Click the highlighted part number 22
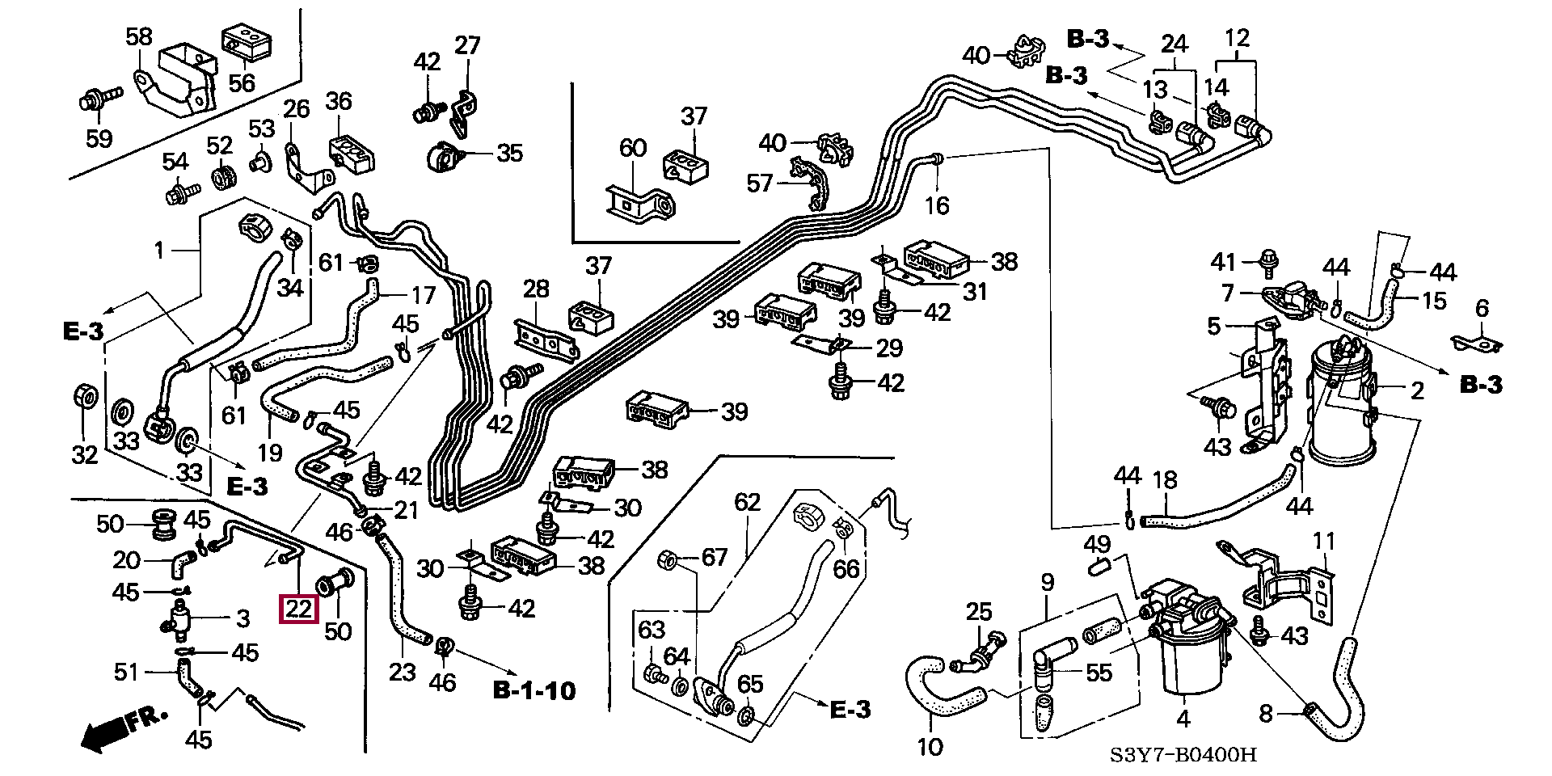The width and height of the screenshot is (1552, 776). (x=298, y=608)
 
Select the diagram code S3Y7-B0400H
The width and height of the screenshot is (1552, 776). (x=1183, y=755)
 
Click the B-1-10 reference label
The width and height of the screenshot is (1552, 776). (x=534, y=690)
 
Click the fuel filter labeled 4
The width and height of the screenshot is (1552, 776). (x=1185, y=659)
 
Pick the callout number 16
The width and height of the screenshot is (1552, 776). (x=936, y=205)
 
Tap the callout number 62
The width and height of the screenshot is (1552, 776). (x=748, y=502)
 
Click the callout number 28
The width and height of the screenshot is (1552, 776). (x=535, y=289)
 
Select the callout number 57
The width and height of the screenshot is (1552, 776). (x=759, y=183)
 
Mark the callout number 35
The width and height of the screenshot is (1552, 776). (x=509, y=153)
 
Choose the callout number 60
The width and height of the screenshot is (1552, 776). (x=633, y=148)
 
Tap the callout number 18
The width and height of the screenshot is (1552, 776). (x=1164, y=481)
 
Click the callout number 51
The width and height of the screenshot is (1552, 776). (x=126, y=672)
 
